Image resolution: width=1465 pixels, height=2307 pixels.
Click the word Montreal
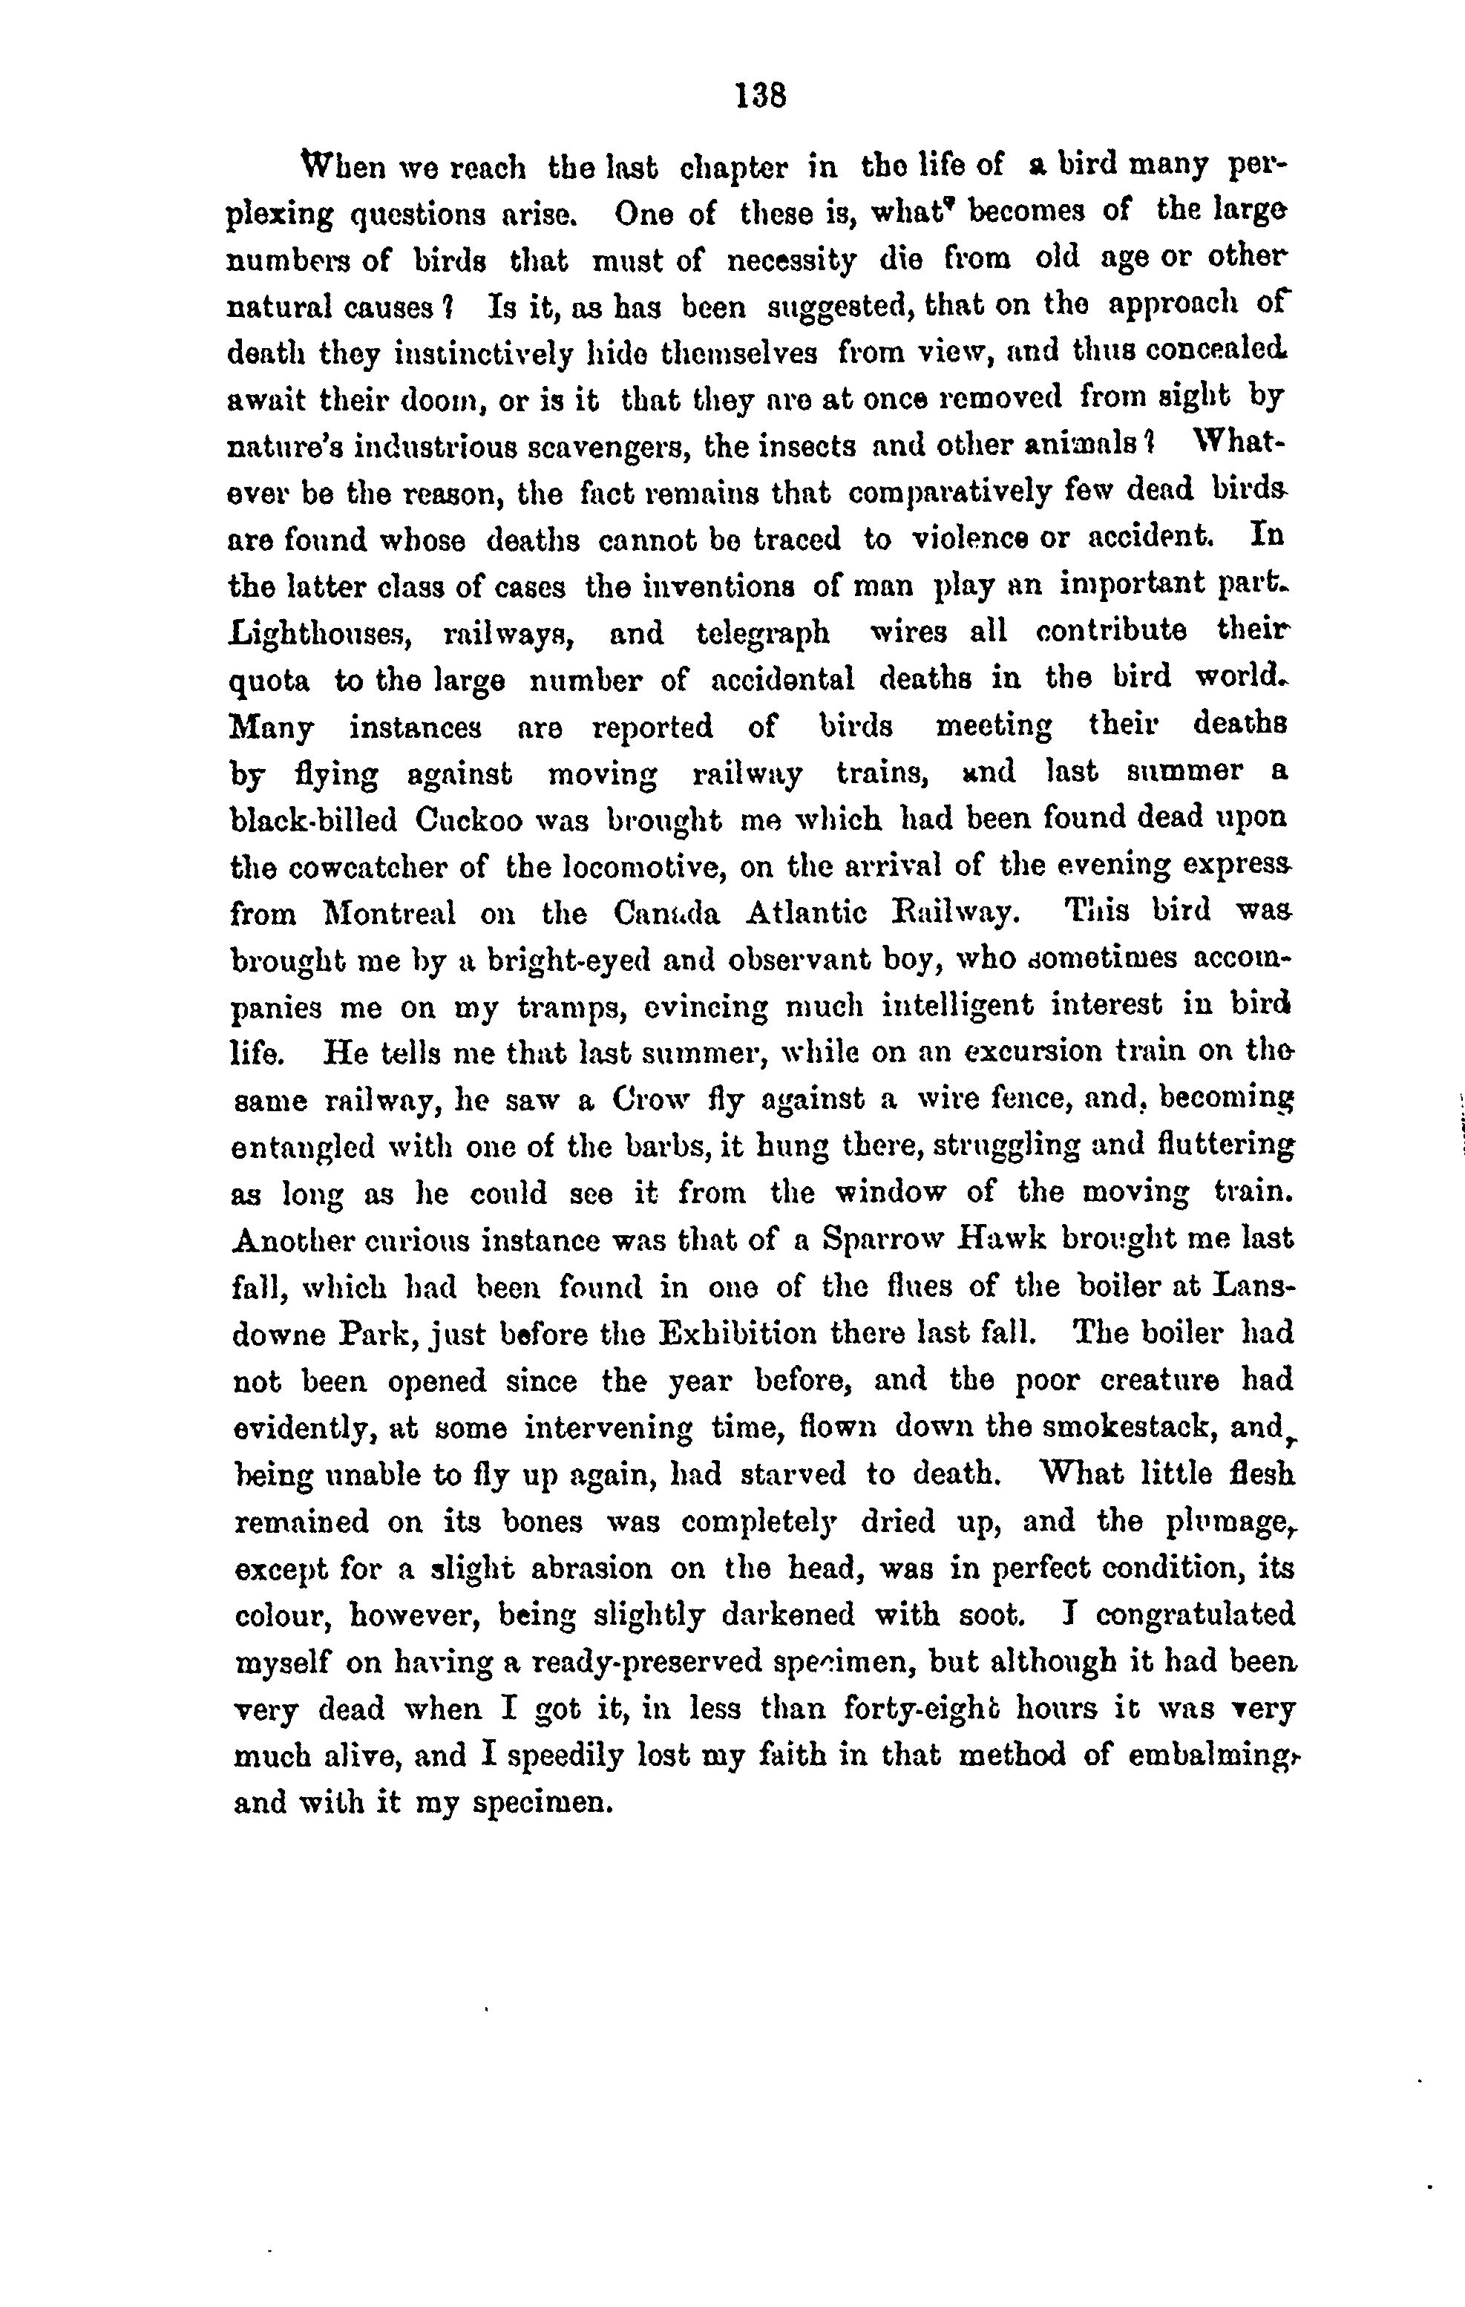click(389, 914)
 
